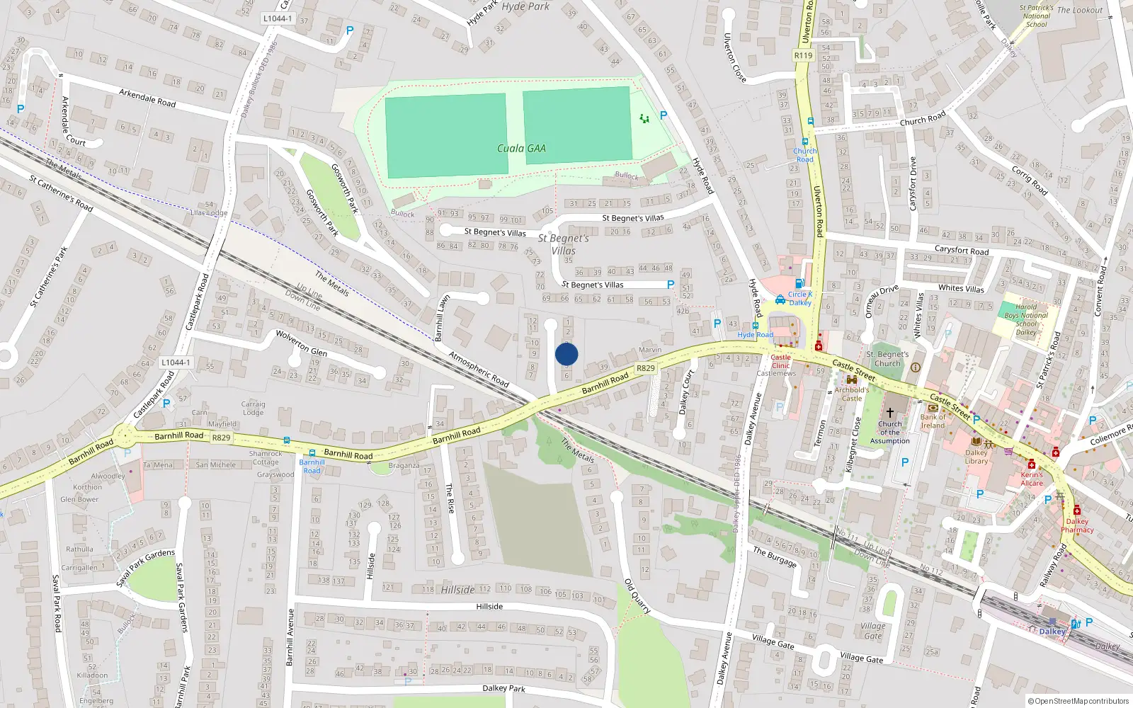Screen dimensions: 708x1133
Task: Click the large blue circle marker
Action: pyautogui.click(x=566, y=354)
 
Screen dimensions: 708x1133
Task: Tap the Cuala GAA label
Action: pyautogui.click(x=521, y=148)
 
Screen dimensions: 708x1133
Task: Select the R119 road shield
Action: pyautogui.click(x=803, y=55)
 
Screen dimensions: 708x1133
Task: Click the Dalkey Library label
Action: pyautogui.click(x=976, y=457)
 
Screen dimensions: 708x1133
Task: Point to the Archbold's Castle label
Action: pyautogui.click(x=851, y=394)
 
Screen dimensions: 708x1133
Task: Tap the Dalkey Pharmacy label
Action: pyautogui.click(x=1077, y=525)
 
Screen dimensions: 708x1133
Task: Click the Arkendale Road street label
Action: pyautogui.click(x=147, y=98)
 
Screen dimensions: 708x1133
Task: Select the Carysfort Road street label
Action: pyautogui.click(x=961, y=251)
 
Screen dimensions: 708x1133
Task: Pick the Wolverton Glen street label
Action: pyautogui.click(x=301, y=343)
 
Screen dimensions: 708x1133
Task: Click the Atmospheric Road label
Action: pyautogui.click(x=479, y=369)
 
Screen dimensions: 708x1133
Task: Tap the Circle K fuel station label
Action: pyautogui.click(x=800, y=298)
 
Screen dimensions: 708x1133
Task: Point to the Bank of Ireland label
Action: pyautogui.click(x=933, y=421)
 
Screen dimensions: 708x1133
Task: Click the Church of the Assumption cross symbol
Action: pyautogui.click(x=890, y=412)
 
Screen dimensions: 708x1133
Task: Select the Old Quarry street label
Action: pyautogui.click(x=637, y=595)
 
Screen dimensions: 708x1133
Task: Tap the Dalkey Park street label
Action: pyautogui.click(x=503, y=688)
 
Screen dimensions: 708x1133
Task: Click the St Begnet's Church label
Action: pyautogui.click(x=887, y=358)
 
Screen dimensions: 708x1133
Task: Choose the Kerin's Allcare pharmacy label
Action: pyautogui.click(x=1032, y=479)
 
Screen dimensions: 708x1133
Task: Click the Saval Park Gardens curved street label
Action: pyautogui.click(x=145, y=566)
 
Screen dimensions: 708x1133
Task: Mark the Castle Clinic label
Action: pyautogui.click(x=780, y=361)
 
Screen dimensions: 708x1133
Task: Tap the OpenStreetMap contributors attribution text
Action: pyautogui.click(x=1078, y=701)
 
